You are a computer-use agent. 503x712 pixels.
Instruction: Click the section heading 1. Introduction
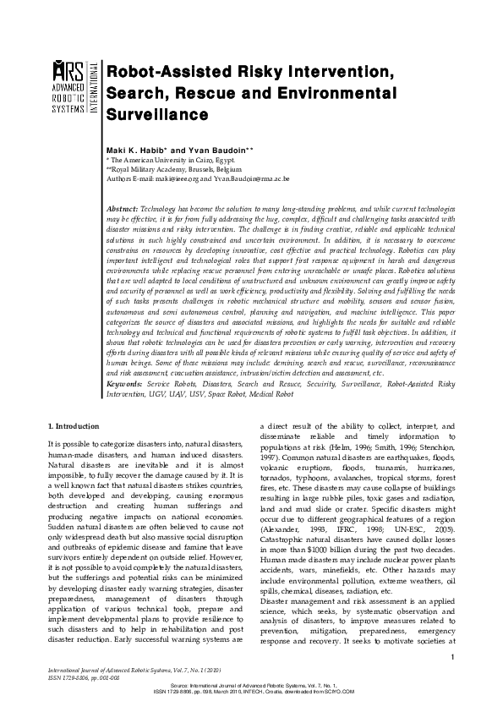(x=74, y=426)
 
